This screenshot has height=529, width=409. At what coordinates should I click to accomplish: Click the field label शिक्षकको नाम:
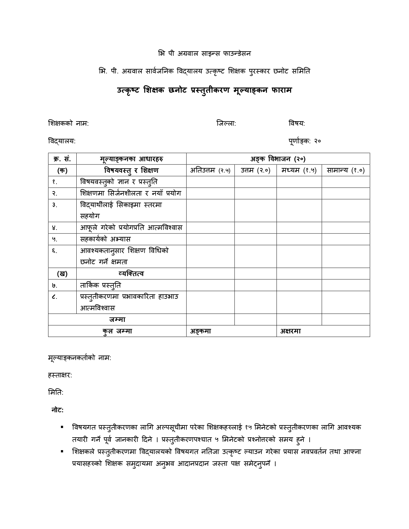(x=68, y=123)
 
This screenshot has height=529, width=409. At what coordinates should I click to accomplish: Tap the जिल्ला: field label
(x=226, y=123)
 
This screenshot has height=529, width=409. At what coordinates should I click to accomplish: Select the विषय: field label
(x=297, y=123)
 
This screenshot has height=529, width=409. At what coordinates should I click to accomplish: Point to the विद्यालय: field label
(x=62, y=141)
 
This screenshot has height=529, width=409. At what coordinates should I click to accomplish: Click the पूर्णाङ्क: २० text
(x=305, y=141)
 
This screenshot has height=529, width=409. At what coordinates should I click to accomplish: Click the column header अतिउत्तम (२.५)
(x=210, y=170)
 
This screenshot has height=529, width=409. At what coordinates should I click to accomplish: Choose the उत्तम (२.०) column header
(x=256, y=170)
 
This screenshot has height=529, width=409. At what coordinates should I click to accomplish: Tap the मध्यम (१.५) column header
(x=299, y=170)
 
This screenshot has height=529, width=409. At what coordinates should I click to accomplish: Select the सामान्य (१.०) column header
(x=346, y=170)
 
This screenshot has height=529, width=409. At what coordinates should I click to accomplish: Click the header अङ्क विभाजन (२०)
(x=278, y=159)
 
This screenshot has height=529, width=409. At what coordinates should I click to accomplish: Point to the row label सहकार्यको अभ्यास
(x=106, y=239)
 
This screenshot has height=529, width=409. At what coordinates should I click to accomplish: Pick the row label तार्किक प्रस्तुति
(x=100, y=285)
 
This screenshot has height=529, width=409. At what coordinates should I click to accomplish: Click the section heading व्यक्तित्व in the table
(x=131, y=273)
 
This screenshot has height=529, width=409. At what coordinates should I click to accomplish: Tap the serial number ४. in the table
(x=55, y=228)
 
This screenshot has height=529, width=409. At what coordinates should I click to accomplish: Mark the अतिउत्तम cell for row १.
(x=210, y=182)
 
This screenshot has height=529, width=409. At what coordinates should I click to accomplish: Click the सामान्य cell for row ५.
(x=346, y=239)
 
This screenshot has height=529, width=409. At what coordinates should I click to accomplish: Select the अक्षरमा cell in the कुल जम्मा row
(x=323, y=331)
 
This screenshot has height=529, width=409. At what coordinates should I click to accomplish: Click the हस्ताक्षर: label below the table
(x=60, y=375)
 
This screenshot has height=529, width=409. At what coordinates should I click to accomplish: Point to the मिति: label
(x=56, y=392)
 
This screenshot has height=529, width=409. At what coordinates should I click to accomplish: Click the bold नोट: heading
(x=57, y=410)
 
